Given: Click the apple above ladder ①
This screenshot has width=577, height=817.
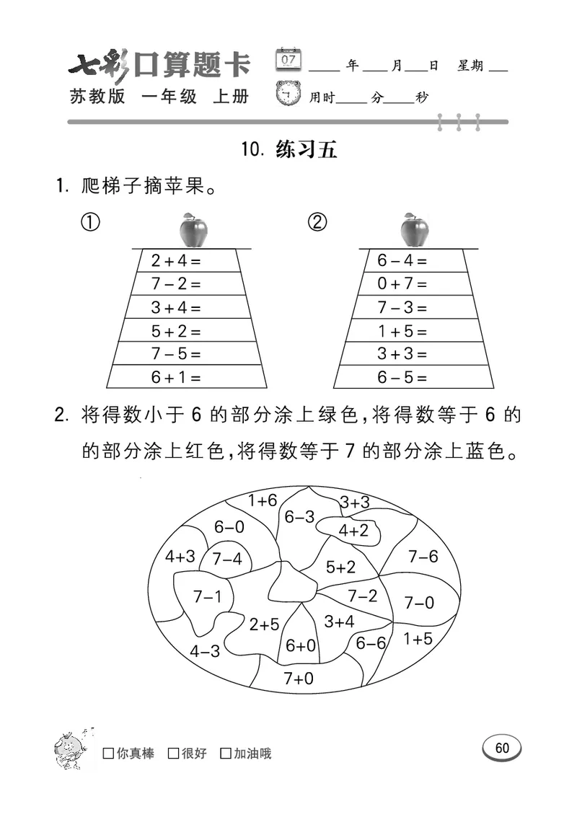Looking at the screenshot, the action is pyautogui.click(x=193, y=230).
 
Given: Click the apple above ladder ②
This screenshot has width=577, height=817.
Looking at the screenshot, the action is pyautogui.click(x=415, y=230).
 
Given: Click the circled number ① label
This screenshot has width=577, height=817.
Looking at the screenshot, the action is pyautogui.click(x=89, y=223).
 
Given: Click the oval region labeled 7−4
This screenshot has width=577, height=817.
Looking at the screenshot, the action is pyautogui.click(x=226, y=560).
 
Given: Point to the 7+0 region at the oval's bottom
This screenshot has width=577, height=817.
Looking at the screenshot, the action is pyautogui.click(x=298, y=678).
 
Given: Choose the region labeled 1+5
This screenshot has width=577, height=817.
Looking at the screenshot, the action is pyautogui.click(x=418, y=638).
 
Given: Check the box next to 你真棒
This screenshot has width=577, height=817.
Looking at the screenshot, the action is pyautogui.click(x=109, y=754).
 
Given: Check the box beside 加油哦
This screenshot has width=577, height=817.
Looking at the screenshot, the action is pyautogui.click(x=226, y=754).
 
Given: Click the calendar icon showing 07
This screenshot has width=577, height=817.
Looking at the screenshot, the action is pyautogui.click(x=289, y=59).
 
